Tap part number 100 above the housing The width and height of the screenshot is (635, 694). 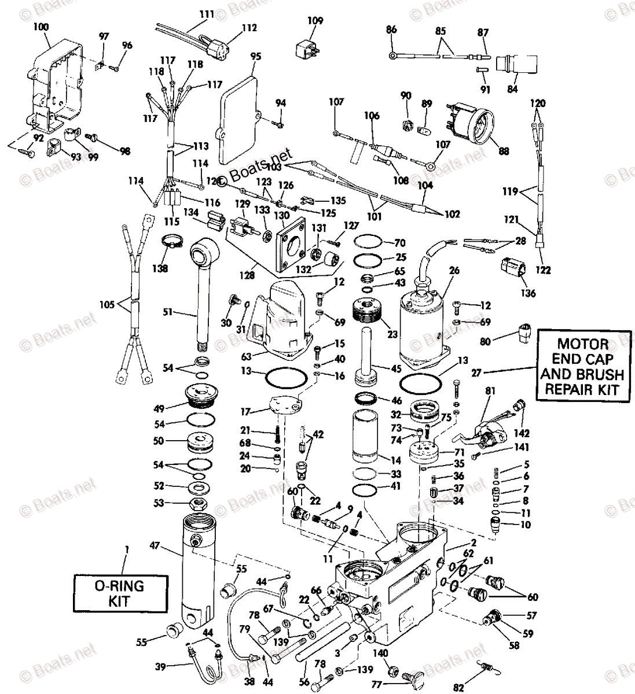point(41,27)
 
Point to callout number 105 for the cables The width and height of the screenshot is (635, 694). point(108,304)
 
